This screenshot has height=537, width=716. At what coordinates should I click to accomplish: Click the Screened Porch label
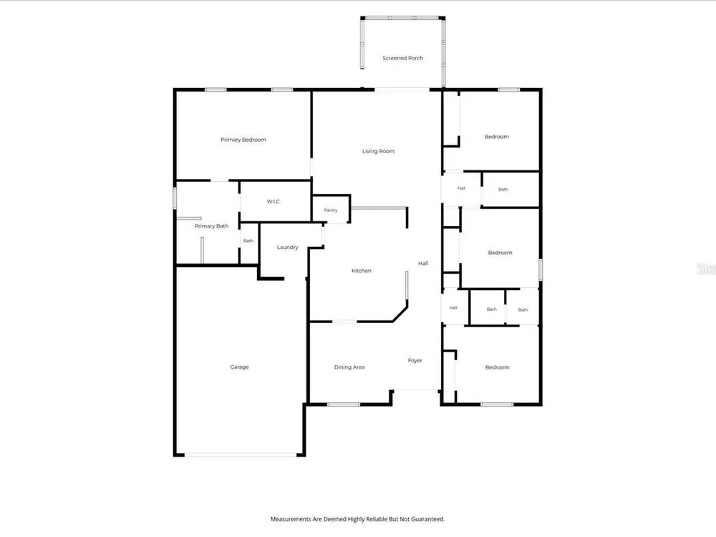402,58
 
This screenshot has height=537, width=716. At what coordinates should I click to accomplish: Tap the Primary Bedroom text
243,140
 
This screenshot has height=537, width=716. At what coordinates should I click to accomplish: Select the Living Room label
378,151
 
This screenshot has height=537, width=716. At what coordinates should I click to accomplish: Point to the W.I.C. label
274,201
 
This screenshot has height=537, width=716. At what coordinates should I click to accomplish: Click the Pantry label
331,211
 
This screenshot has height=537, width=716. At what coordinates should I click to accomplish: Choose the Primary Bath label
211,226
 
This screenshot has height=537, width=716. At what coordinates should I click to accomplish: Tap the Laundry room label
287,247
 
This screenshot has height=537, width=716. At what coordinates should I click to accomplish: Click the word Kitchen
361,271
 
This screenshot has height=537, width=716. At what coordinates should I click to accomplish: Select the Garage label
239,367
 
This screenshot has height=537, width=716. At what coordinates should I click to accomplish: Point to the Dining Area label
349,367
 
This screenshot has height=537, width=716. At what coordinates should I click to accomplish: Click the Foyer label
415,361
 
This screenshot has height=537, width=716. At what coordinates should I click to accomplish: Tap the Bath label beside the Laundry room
248,241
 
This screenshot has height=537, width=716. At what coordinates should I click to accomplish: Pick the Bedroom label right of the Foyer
498,367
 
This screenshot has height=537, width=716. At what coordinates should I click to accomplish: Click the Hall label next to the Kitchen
423,263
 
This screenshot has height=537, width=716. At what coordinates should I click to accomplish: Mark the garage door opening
241,455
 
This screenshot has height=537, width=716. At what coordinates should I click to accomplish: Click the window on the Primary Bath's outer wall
175,198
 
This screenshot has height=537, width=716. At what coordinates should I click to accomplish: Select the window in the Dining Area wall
344,404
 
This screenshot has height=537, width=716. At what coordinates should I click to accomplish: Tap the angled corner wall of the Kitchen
400,314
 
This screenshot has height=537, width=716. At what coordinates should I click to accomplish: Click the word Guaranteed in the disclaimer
427,519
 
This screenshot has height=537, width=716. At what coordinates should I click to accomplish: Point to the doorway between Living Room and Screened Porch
402,89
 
